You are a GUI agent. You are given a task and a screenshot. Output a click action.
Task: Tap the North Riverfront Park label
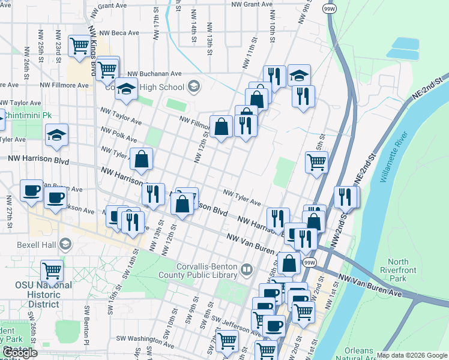tap(398, 270)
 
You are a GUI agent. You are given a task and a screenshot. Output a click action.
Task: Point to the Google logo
tap(20, 353)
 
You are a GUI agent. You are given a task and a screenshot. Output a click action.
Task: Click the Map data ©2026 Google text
tap(412, 355)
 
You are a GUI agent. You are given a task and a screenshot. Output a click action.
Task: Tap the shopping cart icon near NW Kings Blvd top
tap(80, 46)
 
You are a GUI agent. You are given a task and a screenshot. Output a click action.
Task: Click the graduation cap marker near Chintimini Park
tap(56, 136)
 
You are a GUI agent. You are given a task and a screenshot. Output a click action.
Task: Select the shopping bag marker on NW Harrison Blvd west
tap(141, 159)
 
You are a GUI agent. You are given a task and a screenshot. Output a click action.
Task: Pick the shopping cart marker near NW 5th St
tap(316, 160)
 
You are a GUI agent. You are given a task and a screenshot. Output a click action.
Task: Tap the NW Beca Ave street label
tap(119, 34)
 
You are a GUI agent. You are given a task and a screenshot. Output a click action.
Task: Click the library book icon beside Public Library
tap(246, 271)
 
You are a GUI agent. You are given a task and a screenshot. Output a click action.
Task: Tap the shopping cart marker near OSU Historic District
tap(52, 271)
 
